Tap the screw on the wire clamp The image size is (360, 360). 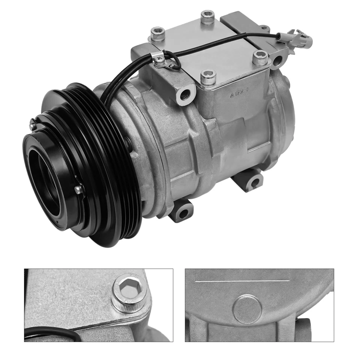pos(160,59)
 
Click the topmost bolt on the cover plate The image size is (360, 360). pos(207,17)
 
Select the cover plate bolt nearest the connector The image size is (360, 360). pos(260,57)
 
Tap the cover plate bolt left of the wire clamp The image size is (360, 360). pos(157,34)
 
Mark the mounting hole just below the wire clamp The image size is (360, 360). pos(185,94)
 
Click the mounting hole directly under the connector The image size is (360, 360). pos(277,60)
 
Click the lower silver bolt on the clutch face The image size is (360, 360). pos(78,190)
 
